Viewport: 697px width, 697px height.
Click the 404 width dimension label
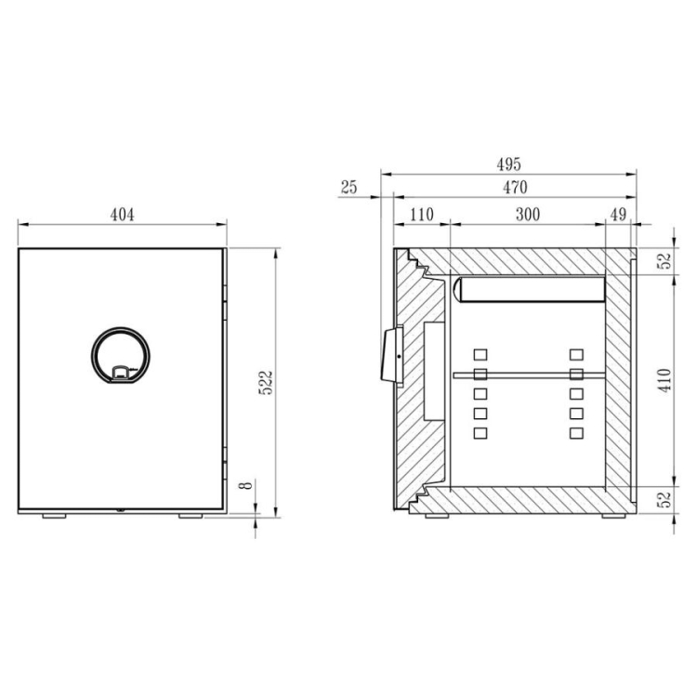pos(122,215)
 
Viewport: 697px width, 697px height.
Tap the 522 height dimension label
pos(267,383)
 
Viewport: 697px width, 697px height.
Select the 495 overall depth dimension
pos(508,164)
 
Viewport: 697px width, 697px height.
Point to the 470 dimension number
pos(515,188)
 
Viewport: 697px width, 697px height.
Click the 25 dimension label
pos(348,187)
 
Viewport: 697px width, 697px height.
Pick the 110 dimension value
pos(421,215)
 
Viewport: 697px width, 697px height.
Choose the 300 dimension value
pos(528,215)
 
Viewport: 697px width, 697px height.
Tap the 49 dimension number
pos(618,215)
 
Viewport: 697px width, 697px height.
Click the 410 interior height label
pos(664,380)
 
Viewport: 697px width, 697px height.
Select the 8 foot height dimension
pos(246,485)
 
